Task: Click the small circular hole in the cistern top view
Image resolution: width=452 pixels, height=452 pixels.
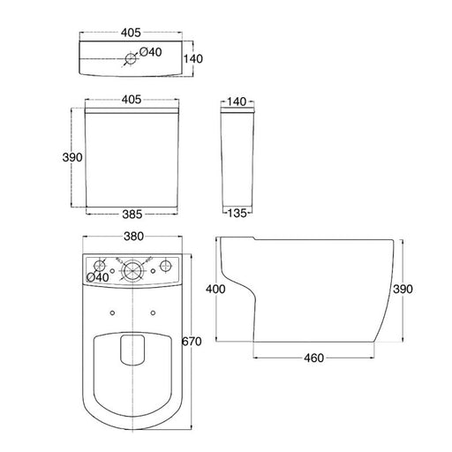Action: (132, 58)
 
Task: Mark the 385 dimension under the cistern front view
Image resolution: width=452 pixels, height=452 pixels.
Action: (132, 214)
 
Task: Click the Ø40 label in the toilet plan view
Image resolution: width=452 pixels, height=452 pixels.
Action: (100, 277)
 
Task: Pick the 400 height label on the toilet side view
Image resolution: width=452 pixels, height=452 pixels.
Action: (215, 289)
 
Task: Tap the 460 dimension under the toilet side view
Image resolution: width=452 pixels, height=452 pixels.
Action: (313, 358)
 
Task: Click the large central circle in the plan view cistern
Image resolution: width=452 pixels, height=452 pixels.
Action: (132, 268)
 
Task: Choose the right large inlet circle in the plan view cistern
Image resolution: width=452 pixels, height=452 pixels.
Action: (163, 266)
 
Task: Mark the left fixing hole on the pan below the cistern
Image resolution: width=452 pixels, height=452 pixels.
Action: (112, 312)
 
